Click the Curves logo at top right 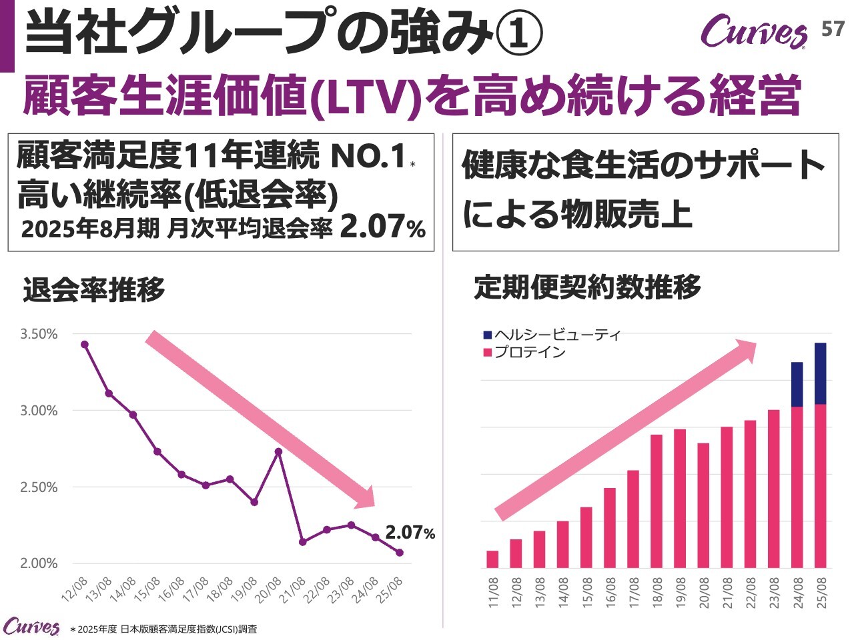click(754, 32)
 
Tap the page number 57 click(832, 29)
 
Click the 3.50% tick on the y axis click(39, 334)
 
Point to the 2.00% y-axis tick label click(39, 563)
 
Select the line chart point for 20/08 click(279, 451)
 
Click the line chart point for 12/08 click(85, 344)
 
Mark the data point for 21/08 click(303, 542)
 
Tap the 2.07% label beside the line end click(410, 533)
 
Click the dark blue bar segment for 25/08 click(821, 373)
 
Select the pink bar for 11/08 click(493, 559)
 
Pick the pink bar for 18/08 click(657, 501)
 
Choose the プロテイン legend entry click(524, 352)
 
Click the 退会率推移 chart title click(94, 289)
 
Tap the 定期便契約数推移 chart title click(588, 287)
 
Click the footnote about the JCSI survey click(163, 629)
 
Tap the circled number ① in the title click(520, 37)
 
